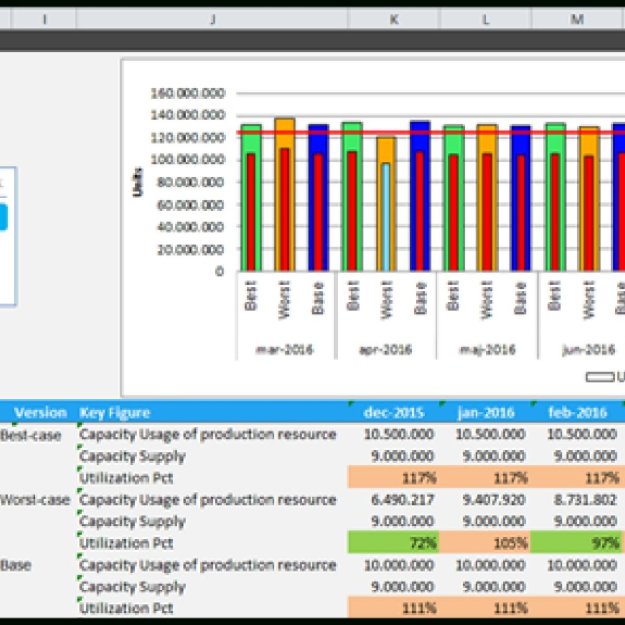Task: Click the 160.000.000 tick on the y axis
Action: pyautogui.click(x=187, y=93)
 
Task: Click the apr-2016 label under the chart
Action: pyautogui.click(x=385, y=350)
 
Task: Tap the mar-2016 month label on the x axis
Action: pyautogui.click(x=285, y=350)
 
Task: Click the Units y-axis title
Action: pyautogui.click(x=138, y=181)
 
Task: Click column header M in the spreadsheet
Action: pyautogui.click(x=577, y=20)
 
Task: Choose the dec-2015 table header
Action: pyautogui.click(x=394, y=412)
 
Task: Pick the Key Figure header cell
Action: pyautogui.click(x=115, y=412)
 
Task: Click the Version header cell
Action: pyautogui.click(x=40, y=412)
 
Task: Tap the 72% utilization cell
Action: pyautogui.click(x=393, y=543)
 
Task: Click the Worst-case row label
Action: pyautogui.click(x=35, y=499)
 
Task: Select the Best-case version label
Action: pyautogui.click(x=31, y=435)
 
